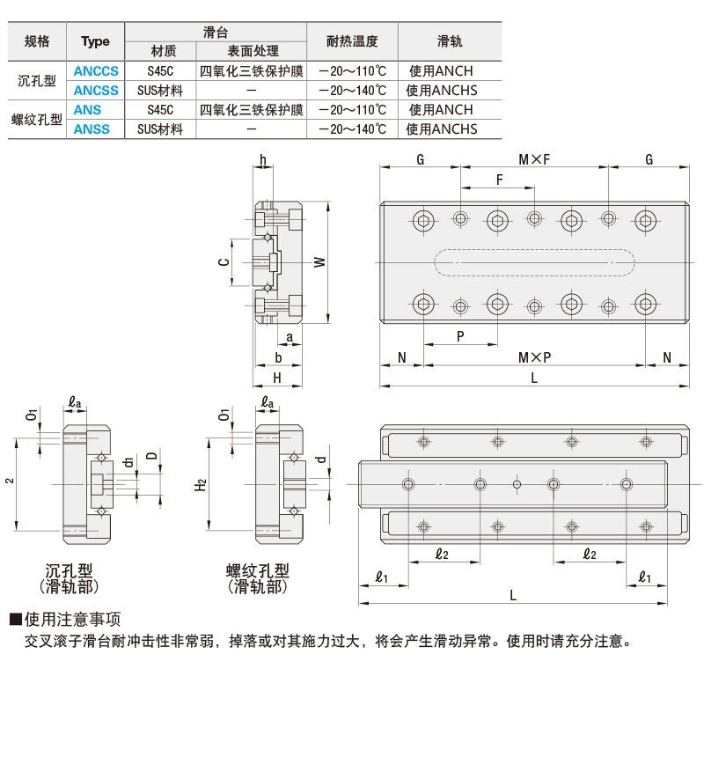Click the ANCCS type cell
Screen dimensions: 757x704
[95, 71]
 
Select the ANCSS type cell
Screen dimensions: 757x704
[95, 90]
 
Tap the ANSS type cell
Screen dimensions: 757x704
[92, 129]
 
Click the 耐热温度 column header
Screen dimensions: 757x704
[351, 41]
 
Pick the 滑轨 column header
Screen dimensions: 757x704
[450, 41]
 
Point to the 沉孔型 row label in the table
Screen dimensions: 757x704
[37, 81]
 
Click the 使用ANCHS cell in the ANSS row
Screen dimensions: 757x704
[442, 129]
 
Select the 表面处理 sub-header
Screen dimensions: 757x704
[253, 51]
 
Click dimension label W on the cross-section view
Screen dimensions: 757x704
[319, 262]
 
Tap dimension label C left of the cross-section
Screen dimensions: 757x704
[224, 262]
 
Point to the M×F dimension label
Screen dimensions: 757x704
[533, 159]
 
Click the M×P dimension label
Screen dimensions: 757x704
[533, 357]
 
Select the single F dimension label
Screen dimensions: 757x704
[499, 180]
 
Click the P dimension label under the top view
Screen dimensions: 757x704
[460, 337]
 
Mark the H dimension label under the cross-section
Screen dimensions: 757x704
[276, 378]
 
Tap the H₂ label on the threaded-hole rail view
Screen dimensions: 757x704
[201, 483]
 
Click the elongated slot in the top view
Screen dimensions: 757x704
[534, 262]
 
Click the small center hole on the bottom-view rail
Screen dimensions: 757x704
[517, 484]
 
